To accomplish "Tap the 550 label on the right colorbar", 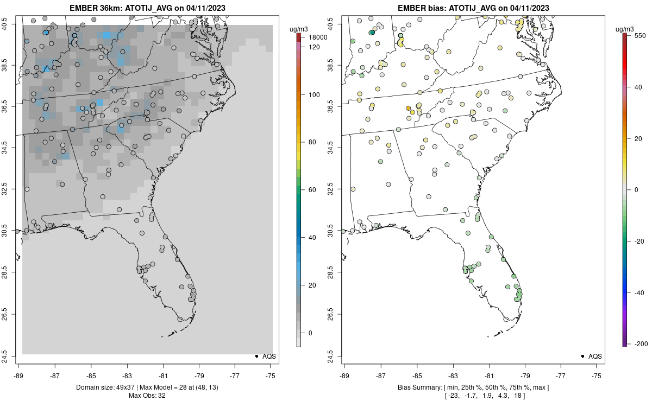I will click(639, 35).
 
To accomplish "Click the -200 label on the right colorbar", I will click(640, 344).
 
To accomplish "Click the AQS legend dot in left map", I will click(256, 356).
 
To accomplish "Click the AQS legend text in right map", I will click(595, 356).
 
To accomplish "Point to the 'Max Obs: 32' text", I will click(147, 395).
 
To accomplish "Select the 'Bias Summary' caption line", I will click(473, 387).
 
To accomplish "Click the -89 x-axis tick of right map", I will click(345, 374).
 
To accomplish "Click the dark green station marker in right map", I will click(372, 33).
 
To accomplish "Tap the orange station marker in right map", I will click(408, 108).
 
